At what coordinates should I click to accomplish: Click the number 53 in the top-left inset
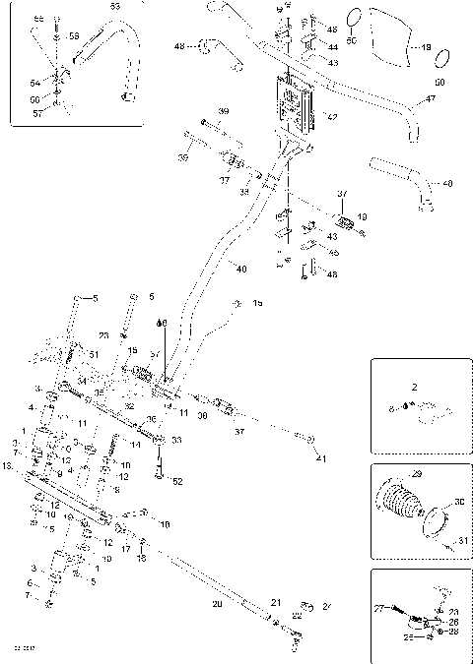(x=115, y=8)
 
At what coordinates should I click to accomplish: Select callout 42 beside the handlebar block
(x=332, y=118)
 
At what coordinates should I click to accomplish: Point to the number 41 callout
(x=319, y=459)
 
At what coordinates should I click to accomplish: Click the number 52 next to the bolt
(x=177, y=481)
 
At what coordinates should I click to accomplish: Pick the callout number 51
(x=95, y=354)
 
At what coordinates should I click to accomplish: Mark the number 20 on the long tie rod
(x=216, y=604)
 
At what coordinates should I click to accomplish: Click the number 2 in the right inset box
(x=416, y=389)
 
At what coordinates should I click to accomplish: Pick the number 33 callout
(x=176, y=440)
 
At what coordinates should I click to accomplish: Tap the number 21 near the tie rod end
(x=277, y=602)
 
